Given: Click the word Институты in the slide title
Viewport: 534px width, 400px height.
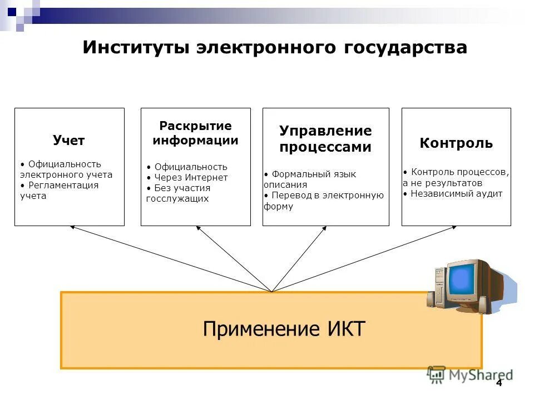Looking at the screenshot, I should (x=136, y=48).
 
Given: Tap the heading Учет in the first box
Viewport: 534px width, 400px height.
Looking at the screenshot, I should (x=69, y=141).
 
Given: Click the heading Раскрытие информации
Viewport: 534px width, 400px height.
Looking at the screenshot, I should (x=195, y=133).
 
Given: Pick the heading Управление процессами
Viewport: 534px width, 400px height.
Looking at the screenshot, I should (x=325, y=139).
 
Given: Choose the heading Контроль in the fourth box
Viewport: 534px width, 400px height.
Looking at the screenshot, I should (x=456, y=143).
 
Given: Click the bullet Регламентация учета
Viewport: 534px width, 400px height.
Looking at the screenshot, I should (x=61, y=191).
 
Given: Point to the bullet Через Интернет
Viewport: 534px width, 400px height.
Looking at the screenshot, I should (x=190, y=178).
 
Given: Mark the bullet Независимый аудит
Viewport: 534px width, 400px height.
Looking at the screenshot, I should (x=455, y=194).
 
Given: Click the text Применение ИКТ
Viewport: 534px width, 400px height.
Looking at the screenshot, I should (x=284, y=329).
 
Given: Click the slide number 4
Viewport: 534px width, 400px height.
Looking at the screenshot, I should (x=498, y=383).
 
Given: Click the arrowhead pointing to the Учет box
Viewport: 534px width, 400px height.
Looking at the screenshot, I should (x=72, y=227).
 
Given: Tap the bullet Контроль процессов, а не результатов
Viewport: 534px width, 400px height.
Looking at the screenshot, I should (x=456, y=177).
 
